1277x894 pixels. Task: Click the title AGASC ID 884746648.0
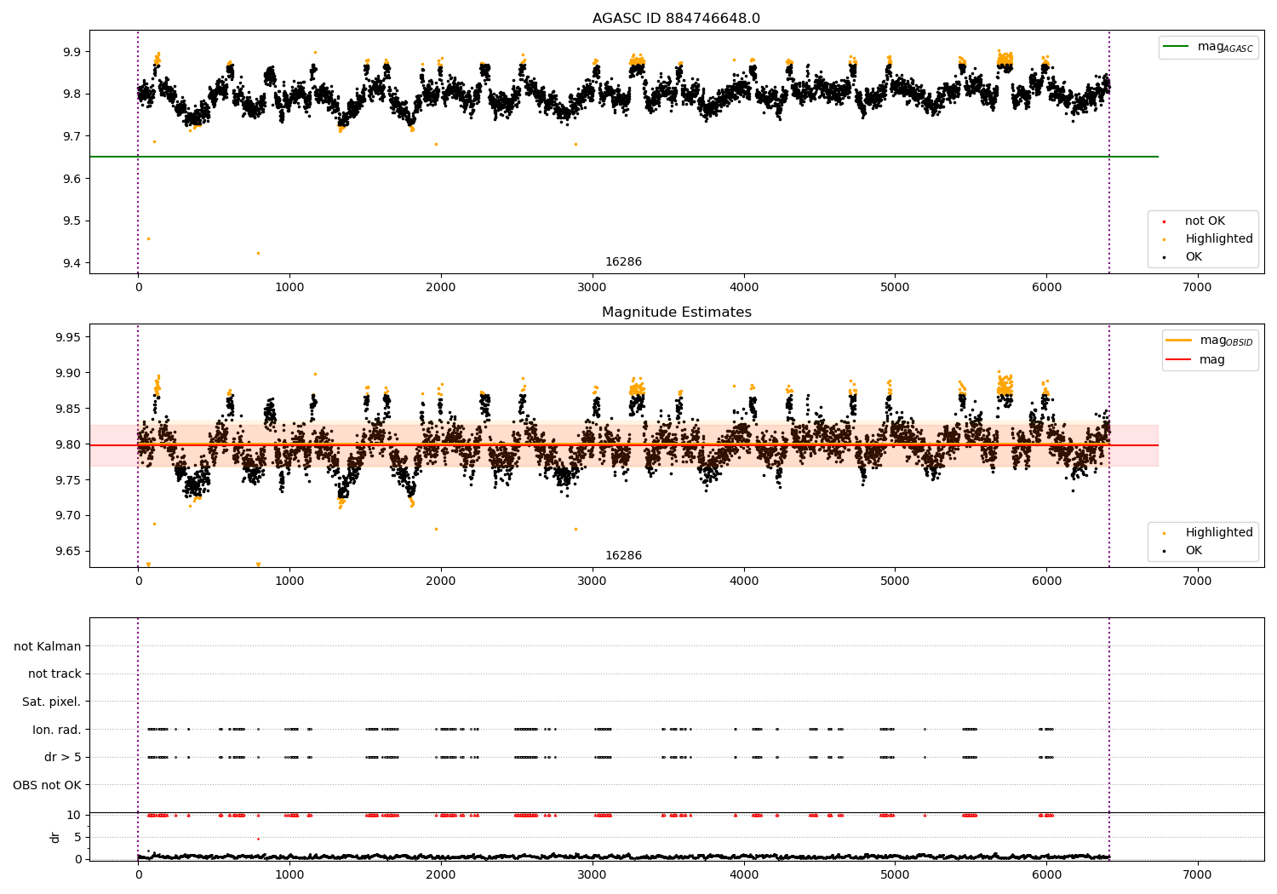pyautogui.click(x=676, y=19)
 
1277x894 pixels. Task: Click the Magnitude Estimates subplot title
pyautogui.click(x=676, y=312)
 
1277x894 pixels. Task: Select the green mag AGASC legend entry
pyautogui.click(x=1208, y=47)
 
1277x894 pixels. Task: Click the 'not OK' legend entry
pyautogui.click(x=1204, y=221)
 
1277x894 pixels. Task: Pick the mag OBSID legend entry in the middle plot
pyautogui.click(x=1208, y=341)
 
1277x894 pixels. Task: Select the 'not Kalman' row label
pyautogui.click(x=48, y=646)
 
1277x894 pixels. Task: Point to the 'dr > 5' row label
pyautogui.click(x=62, y=757)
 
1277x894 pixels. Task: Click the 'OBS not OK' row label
pyautogui.click(x=47, y=785)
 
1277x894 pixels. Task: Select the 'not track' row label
pyautogui.click(x=54, y=673)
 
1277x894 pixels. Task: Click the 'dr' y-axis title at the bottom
pyautogui.click(x=55, y=837)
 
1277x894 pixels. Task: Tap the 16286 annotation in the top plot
pyautogui.click(x=623, y=262)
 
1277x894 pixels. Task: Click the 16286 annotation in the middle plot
pyautogui.click(x=623, y=556)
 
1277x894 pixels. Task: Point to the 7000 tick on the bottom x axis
pyautogui.click(x=1197, y=874)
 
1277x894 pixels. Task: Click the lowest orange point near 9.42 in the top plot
pyautogui.click(x=258, y=253)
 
